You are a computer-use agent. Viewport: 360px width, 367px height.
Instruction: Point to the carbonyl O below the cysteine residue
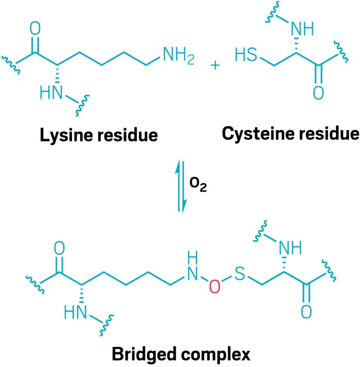(317, 93)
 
